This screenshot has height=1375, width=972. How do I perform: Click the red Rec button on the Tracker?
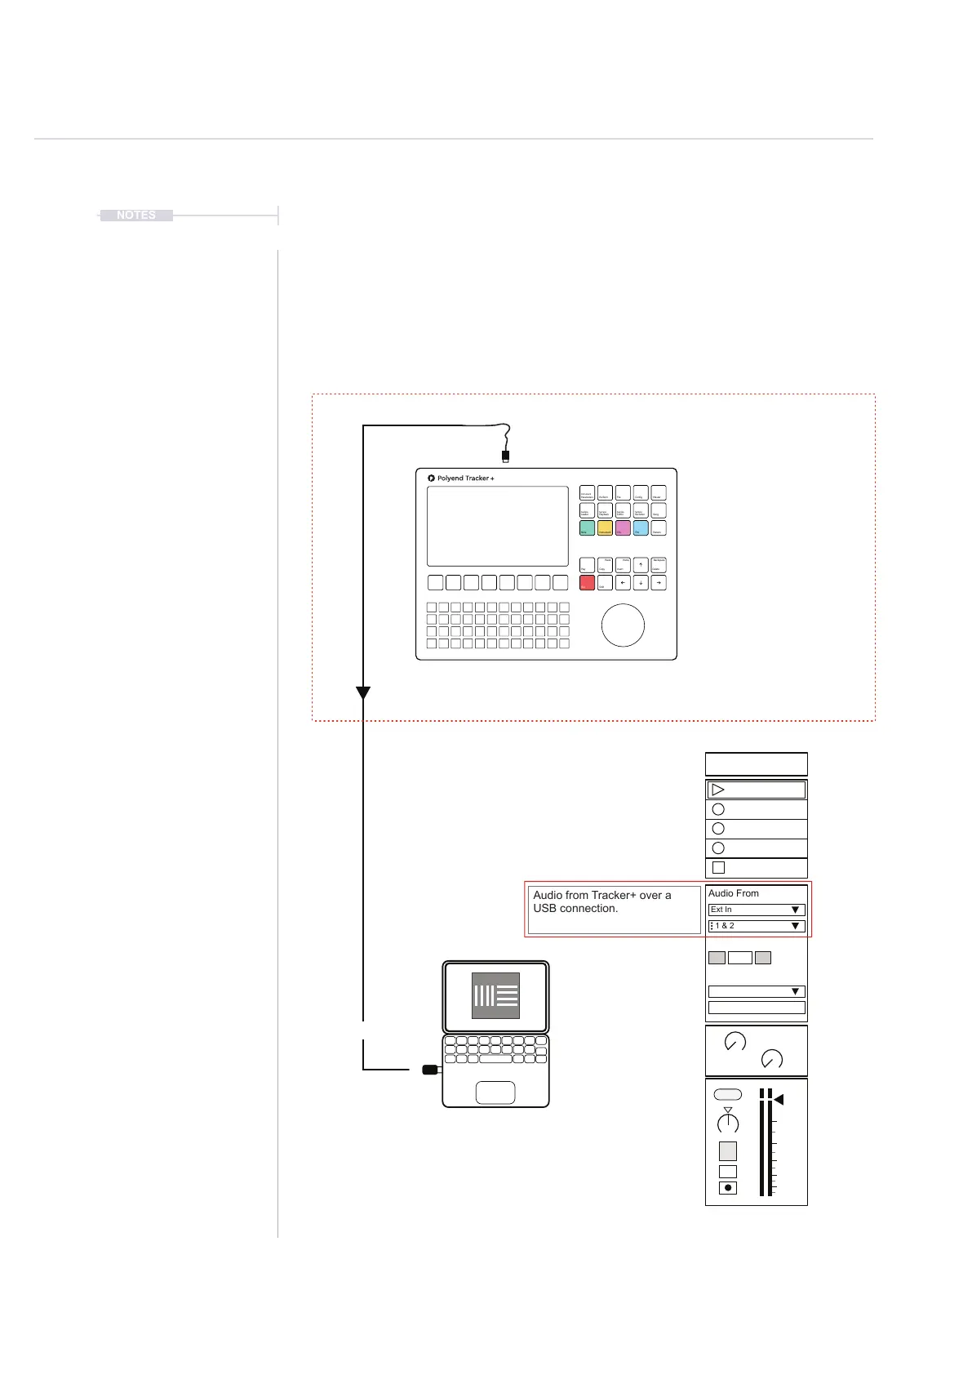587,583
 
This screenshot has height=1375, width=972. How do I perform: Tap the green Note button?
587,528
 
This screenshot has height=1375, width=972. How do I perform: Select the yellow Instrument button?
605,528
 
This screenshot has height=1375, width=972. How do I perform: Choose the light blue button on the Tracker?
641,528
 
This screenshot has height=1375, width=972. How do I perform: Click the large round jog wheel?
623,625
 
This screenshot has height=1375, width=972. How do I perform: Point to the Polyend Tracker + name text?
465,478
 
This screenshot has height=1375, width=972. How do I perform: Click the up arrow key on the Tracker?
641,564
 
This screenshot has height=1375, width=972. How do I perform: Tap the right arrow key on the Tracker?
659,583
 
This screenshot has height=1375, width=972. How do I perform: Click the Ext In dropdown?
757,910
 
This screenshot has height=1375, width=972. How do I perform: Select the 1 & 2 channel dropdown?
757,926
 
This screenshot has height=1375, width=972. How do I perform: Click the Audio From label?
734,893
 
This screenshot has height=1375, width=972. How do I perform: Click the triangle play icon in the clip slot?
718,790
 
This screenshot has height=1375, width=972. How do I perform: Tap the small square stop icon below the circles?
718,868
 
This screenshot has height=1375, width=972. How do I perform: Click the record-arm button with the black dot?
728,1188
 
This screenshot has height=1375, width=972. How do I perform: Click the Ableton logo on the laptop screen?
495,995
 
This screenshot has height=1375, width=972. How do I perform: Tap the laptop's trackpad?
495,1092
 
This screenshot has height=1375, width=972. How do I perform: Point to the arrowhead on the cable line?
363,692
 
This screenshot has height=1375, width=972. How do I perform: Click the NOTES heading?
136,216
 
